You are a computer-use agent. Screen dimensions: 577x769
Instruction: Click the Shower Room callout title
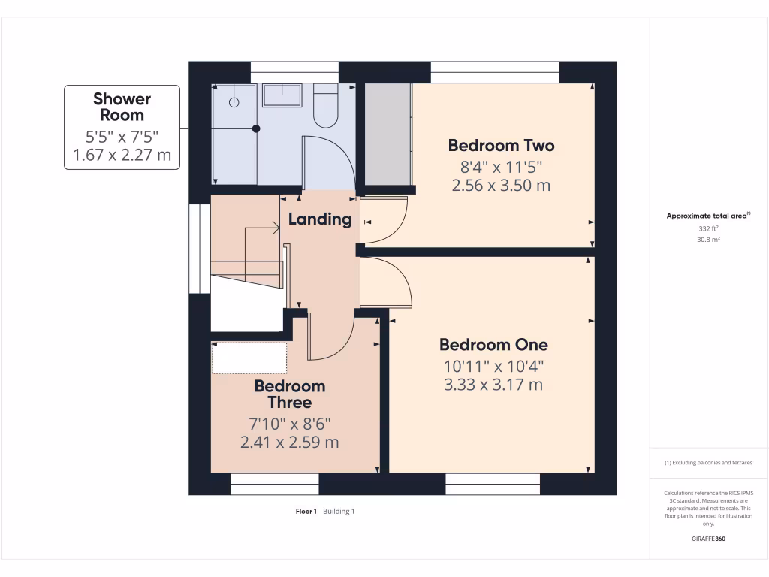[122, 107]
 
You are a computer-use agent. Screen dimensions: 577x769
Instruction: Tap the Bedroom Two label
[501, 145]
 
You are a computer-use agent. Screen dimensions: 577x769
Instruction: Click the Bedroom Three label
[290, 394]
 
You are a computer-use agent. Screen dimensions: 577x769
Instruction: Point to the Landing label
[320, 219]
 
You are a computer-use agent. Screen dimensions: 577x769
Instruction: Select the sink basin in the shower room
[282, 95]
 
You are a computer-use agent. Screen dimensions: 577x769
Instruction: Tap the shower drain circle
[234, 101]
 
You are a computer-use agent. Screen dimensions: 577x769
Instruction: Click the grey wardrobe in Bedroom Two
[388, 134]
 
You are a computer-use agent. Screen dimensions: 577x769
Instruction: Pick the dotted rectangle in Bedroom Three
[249, 358]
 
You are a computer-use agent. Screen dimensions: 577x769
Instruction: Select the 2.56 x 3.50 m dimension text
[501, 186]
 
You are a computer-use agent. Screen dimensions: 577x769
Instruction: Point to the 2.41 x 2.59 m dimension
[290, 443]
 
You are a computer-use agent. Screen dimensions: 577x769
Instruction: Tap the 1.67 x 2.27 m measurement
[122, 156]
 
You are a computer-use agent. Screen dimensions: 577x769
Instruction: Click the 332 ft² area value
[709, 228]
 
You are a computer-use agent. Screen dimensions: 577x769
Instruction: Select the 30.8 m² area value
[709, 239]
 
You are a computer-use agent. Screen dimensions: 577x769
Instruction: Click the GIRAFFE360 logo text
[709, 539]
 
